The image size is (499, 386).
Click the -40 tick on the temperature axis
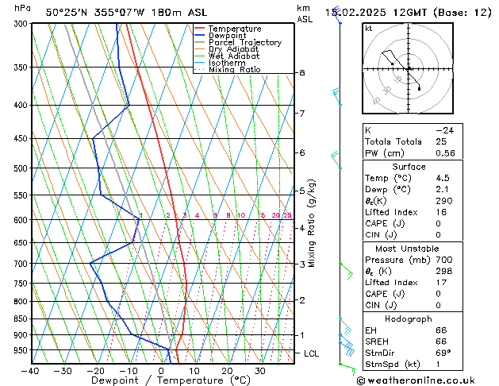click(31, 370)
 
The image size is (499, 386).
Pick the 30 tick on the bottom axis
click(259, 370)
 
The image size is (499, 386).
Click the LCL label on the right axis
click(311, 353)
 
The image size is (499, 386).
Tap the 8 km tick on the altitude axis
click(302, 73)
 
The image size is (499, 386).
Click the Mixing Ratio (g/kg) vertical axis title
click(312, 222)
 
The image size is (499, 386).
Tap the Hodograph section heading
click(409, 318)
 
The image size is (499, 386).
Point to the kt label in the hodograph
click(369, 28)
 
